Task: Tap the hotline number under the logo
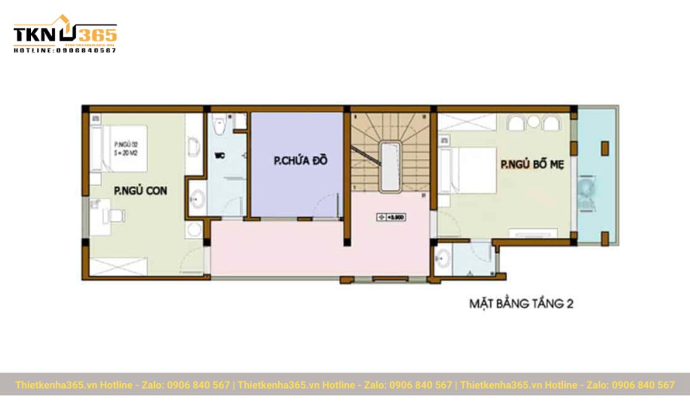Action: pos(64,51)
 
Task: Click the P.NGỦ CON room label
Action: pos(140,191)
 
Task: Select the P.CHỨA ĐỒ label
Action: pos(300,161)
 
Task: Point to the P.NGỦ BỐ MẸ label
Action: pos(532,165)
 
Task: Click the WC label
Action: pos(219,155)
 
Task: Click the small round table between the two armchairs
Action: pos(534,121)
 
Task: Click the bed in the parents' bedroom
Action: pos(469,170)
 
